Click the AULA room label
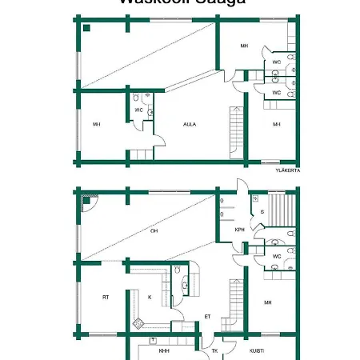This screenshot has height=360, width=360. [x=190, y=124]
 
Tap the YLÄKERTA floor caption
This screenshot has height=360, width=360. [x=286, y=170]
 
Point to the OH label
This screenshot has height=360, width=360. [x=154, y=231]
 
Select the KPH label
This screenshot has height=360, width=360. [x=239, y=230]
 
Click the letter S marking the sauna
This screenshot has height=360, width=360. [x=262, y=211]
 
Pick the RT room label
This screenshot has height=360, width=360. [x=105, y=297]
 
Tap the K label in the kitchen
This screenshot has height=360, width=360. [x=150, y=297]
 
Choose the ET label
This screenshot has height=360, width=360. [x=207, y=316]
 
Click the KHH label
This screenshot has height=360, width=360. [x=163, y=350]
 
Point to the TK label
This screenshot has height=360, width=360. [x=214, y=350]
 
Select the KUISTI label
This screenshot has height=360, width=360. [x=258, y=350]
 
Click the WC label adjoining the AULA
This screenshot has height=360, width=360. [x=138, y=110]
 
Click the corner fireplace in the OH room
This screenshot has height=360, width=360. [x=87, y=203]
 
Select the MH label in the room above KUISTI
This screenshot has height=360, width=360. [x=269, y=302]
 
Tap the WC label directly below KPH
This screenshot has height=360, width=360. [x=276, y=256]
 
